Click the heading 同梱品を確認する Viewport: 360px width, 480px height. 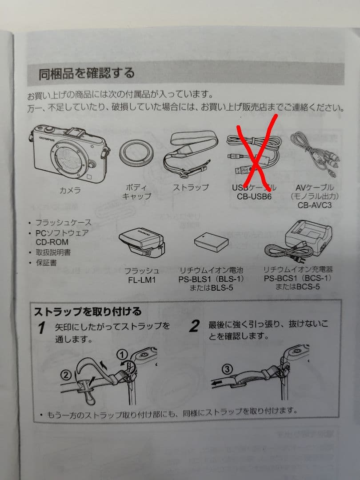tap(87, 73)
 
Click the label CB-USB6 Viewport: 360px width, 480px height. tap(254, 196)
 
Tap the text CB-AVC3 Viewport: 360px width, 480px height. tap(314, 205)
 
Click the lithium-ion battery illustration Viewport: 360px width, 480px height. tap(211, 242)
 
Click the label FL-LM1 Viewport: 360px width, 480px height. tap(142, 280)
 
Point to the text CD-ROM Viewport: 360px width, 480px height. tap(52, 242)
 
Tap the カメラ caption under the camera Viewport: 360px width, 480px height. tap(70, 190)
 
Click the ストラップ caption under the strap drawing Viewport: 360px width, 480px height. tap(191, 188)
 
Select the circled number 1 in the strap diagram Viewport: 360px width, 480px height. tap(122, 355)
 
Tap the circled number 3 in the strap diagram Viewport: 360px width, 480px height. tap(227, 369)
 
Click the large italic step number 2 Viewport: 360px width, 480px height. tap(194, 326)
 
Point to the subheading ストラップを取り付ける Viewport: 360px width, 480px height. tap(88, 312)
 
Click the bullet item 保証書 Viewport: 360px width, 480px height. tap(46, 263)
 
